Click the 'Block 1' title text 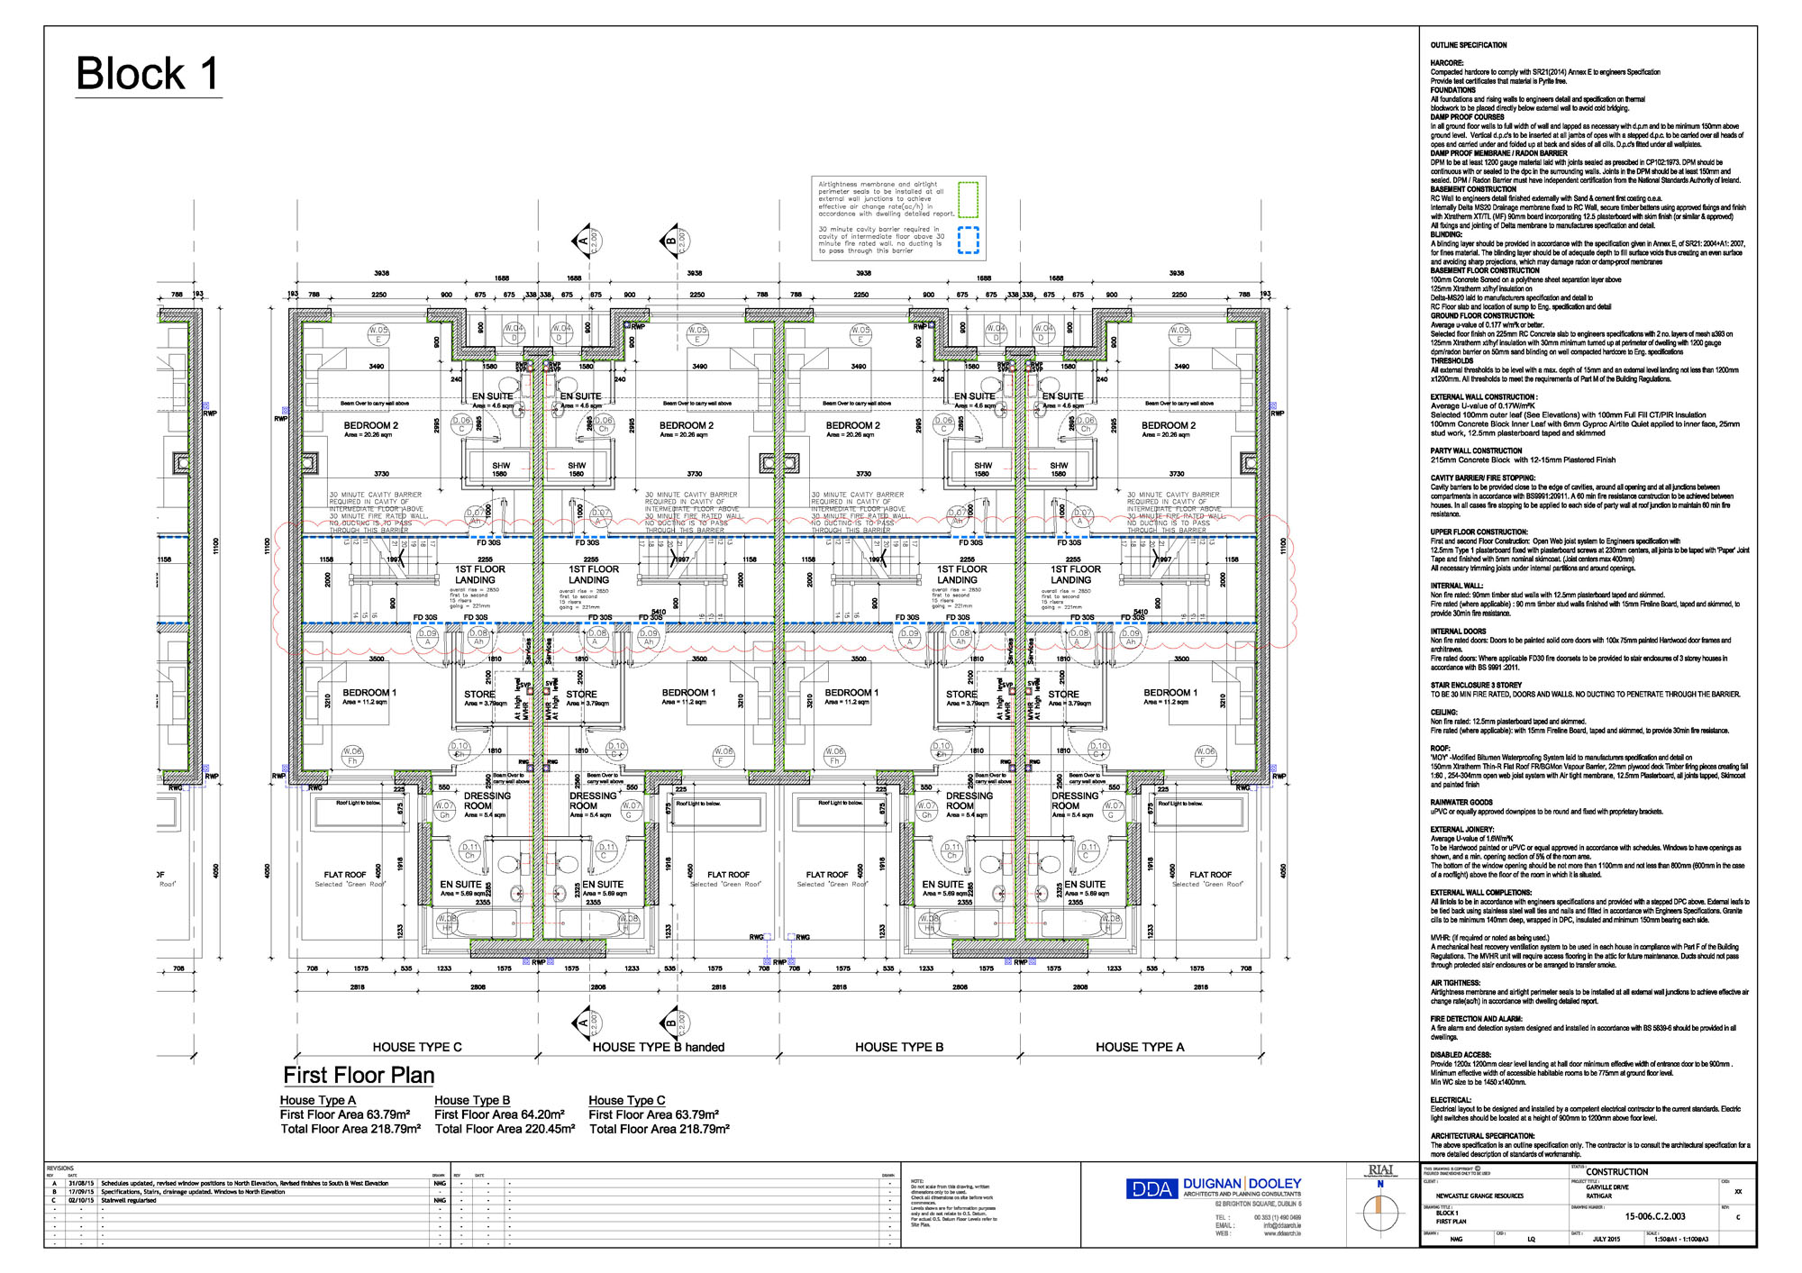point(148,74)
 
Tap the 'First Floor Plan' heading point(359,1075)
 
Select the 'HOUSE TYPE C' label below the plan point(417,1047)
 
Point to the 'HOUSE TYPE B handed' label point(659,1047)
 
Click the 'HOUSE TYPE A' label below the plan point(1140,1047)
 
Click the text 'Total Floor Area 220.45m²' point(505,1129)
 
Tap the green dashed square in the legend point(968,200)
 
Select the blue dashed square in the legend point(968,241)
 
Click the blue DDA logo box point(1151,1189)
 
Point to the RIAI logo point(1380,1170)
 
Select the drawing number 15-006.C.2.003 point(1655,1216)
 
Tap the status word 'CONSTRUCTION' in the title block point(1617,1172)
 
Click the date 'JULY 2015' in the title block point(1606,1239)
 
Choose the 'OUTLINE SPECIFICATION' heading point(1469,45)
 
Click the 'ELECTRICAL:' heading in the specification point(1451,1100)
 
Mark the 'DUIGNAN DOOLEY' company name point(1242,1183)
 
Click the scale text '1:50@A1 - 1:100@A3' point(1680,1239)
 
